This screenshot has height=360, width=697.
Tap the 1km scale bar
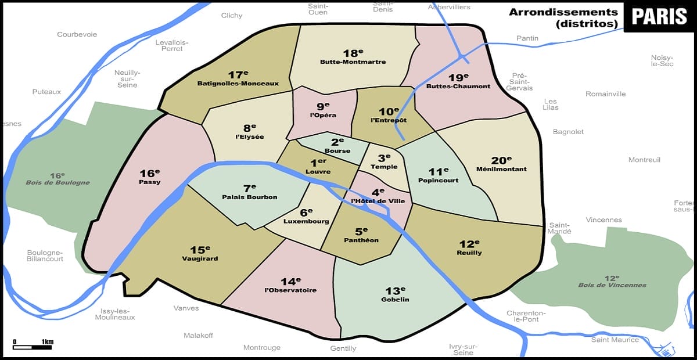pyautogui.click(x=33, y=347)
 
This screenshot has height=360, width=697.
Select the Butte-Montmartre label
pyautogui.click(x=353, y=62)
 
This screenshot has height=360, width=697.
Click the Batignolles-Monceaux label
pyautogui.click(x=238, y=83)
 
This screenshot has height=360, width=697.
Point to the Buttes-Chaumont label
pyautogui.click(x=458, y=87)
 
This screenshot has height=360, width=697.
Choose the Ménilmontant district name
pyautogui.click(x=501, y=169)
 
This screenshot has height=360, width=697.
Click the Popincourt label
pyautogui.click(x=438, y=180)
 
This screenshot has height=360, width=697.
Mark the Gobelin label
pyautogui.click(x=395, y=300)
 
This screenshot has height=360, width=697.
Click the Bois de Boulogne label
pyautogui.click(x=58, y=182)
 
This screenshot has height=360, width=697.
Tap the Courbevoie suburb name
pyautogui.click(x=77, y=34)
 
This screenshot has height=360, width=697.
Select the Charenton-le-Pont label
pyautogui.click(x=526, y=315)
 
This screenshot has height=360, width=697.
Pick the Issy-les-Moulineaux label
pyautogui.click(x=118, y=314)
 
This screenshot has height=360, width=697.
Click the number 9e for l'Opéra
pyautogui.click(x=322, y=107)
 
